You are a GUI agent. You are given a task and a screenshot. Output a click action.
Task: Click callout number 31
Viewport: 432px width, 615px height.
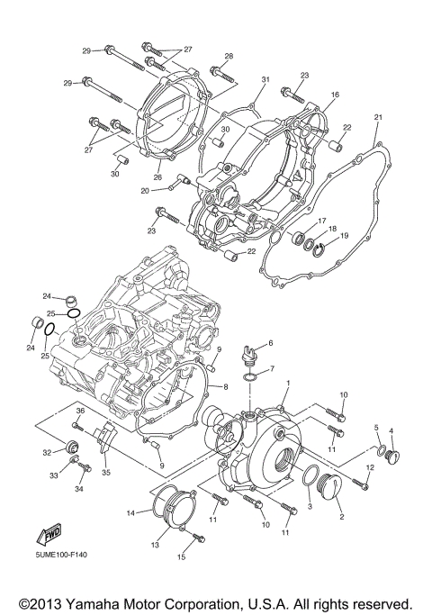pyautogui.click(x=265, y=80)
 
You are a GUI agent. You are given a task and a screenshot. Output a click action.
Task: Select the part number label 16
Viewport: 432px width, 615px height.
pyautogui.click(x=335, y=94)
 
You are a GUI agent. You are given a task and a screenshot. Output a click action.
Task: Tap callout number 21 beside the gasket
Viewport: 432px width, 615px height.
pyautogui.click(x=378, y=117)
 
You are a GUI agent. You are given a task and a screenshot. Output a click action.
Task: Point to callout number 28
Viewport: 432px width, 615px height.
pyautogui.click(x=229, y=56)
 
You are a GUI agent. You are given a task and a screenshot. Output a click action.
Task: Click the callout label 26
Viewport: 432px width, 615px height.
pyautogui.click(x=158, y=177)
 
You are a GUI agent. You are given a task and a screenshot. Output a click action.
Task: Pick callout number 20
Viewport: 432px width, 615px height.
pyautogui.click(x=144, y=190)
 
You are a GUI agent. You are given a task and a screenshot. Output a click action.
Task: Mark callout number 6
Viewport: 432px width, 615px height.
pyautogui.click(x=269, y=342)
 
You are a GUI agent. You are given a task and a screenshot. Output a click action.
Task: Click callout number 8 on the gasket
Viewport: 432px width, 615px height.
pyautogui.click(x=226, y=386)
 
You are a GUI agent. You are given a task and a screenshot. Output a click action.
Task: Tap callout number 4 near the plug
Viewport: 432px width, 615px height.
pyautogui.click(x=391, y=430)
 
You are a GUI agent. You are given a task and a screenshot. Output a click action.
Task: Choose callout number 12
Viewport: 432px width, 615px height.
pyautogui.click(x=370, y=467)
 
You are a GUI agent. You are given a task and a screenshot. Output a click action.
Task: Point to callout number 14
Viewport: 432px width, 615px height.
pyautogui.click(x=130, y=513)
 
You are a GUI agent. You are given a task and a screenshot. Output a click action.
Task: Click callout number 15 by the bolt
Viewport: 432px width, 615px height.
pyautogui.click(x=181, y=557)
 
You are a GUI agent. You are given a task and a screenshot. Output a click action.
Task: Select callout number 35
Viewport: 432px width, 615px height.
pyautogui.click(x=106, y=471)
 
